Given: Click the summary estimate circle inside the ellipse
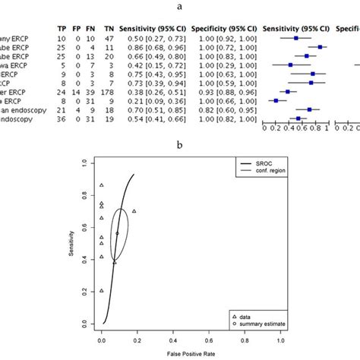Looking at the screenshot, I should pos(117,233).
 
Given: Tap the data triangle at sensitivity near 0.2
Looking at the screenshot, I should pos(102,291).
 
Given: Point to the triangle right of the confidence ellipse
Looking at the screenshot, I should pos(134,211).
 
